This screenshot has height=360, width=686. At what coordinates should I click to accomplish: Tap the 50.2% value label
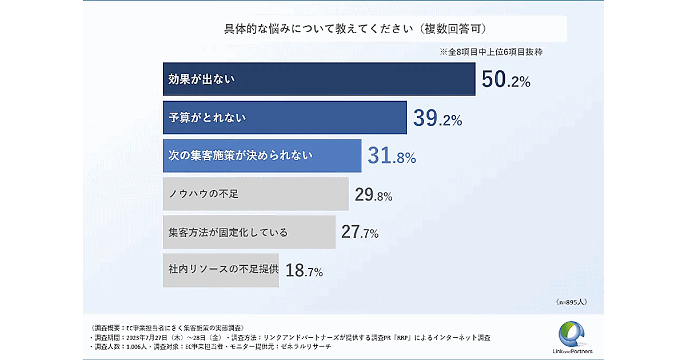tap(506, 80)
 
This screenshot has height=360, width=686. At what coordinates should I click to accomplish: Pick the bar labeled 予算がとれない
tap(285, 118)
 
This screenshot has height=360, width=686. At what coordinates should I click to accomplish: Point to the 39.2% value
tap(437, 119)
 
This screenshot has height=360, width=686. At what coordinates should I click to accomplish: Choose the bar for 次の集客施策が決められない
tap(262, 155)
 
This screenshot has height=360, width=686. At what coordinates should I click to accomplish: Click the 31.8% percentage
tap(392, 157)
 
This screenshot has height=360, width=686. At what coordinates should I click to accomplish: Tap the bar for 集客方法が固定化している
tap(249, 232)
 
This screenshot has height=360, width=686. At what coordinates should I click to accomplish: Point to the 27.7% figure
tap(360, 233)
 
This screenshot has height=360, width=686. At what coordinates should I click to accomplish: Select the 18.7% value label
tap(304, 271)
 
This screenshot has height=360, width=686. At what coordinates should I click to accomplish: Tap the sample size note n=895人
tap(571, 301)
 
